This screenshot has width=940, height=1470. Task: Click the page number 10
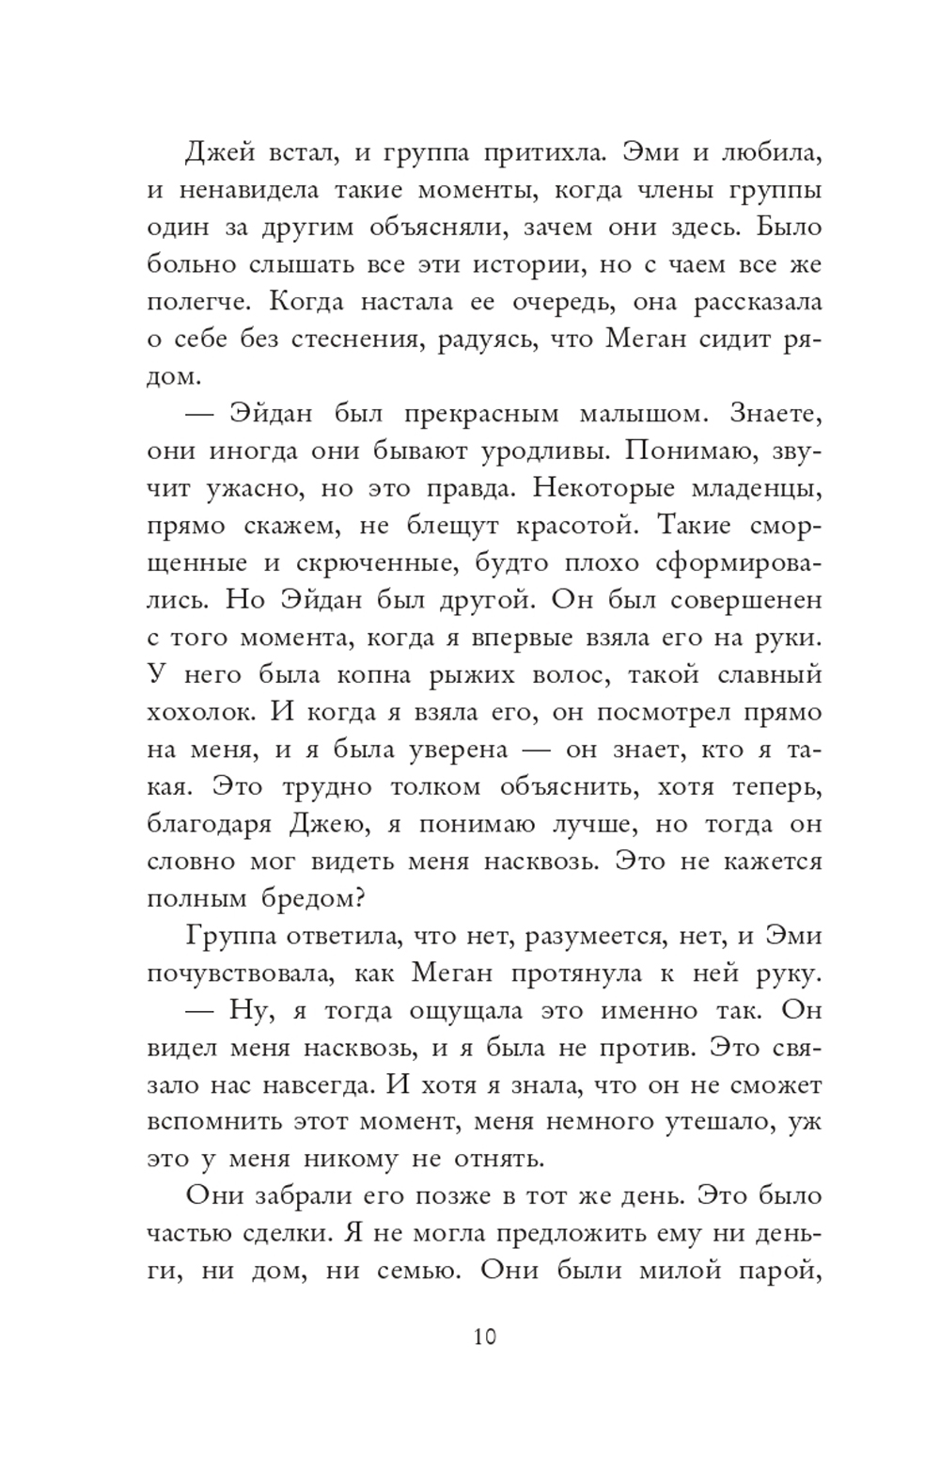point(485,1336)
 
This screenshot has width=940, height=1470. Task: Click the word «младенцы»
point(752,488)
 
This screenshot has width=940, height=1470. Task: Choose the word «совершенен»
point(739,600)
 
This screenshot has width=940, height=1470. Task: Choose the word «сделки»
point(283,1234)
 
